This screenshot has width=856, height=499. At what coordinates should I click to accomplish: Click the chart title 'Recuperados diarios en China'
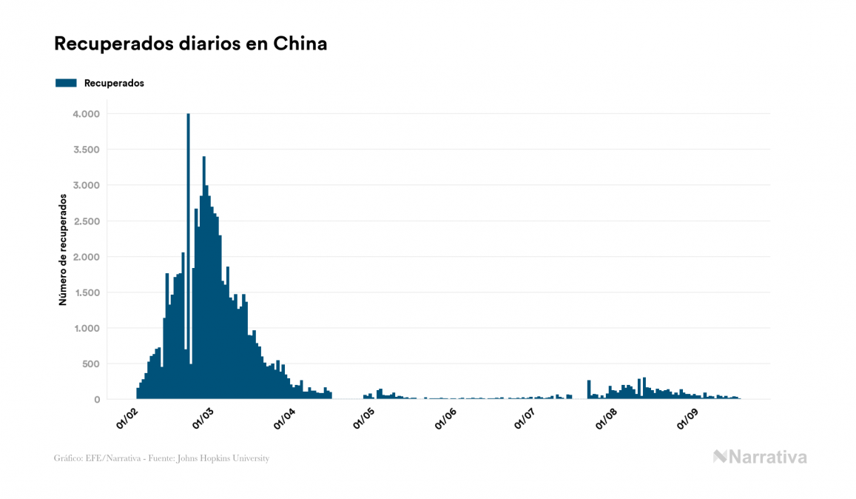pos(190,44)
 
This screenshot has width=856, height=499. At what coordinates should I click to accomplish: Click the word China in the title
pos(300,44)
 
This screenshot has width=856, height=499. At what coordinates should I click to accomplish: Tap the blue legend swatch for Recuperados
pos(66,83)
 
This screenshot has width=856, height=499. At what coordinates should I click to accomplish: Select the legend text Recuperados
pos(114,83)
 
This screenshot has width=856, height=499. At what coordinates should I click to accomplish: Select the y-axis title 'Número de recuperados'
pos(64,250)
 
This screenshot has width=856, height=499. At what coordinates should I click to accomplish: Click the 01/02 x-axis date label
pos(127,418)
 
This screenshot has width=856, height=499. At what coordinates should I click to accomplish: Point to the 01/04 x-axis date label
pos(284,418)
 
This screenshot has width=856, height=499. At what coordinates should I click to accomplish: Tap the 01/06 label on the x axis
pos(445,418)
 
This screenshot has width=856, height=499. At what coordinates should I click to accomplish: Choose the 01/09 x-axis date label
pos(687,418)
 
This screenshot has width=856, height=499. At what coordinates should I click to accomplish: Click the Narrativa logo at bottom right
pos(760,457)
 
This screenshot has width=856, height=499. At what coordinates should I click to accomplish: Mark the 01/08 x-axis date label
pos(606,418)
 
